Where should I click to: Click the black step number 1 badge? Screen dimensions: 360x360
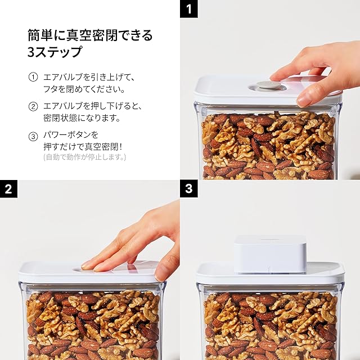pyautogui.click(x=189, y=9)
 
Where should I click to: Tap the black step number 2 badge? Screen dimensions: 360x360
pyautogui.click(x=8, y=189)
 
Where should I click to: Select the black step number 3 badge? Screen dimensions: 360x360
pyautogui.click(x=189, y=189)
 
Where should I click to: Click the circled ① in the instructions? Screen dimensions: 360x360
pyautogui.click(x=33, y=77)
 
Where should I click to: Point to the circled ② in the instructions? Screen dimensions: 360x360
pyautogui.click(x=33, y=106)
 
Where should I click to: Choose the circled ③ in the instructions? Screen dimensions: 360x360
pyautogui.click(x=33, y=136)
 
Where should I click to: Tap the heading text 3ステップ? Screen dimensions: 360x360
pyautogui.click(x=55, y=51)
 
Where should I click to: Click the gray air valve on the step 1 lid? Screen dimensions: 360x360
pyautogui.click(x=268, y=85)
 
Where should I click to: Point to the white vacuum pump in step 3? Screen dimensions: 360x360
pyautogui.click(x=270, y=254)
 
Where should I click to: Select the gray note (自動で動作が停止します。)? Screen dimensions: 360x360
pyautogui.click(x=84, y=157)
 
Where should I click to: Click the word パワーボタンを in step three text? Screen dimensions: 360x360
pyautogui.click(x=71, y=135)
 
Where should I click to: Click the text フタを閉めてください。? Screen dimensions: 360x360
pyautogui.click(x=84, y=89)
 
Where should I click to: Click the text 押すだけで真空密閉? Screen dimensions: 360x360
pyautogui.click(x=83, y=147)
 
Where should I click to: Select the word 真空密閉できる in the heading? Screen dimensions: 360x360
pyautogui.click(x=109, y=35)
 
